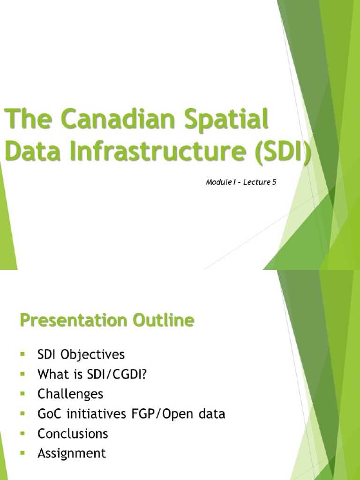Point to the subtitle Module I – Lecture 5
tap(240, 182)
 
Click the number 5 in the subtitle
tap(274, 182)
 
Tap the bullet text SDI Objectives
tap(81, 354)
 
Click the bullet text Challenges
tap(70, 394)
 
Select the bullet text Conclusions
tap(73, 434)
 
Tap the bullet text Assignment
tap(72, 453)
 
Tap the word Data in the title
tap(23, 153)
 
